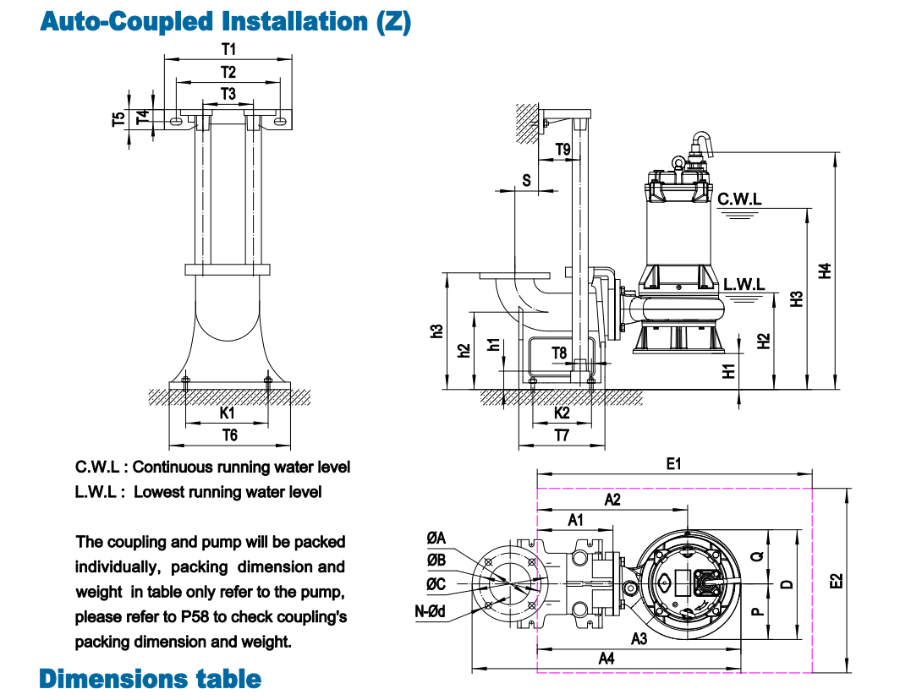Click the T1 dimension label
coord(228,50)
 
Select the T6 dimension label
coord(229,435)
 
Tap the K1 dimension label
coord(227,413)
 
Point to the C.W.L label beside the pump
coord(739,200)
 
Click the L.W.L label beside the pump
coord(744,284)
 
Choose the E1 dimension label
coord(673,463)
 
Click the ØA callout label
coord(436,538)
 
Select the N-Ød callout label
coord(431,611)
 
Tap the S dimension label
coord(526,180)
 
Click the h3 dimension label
coord(436,331)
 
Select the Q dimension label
coord(757,555)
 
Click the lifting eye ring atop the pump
coord(677,162)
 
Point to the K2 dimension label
coord(562,413)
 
